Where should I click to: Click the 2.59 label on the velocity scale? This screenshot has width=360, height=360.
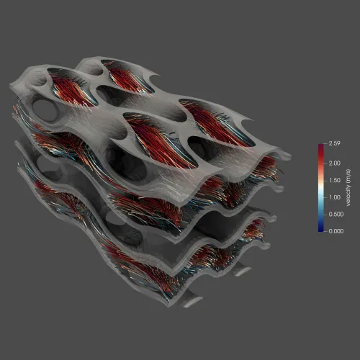tap(334, 143)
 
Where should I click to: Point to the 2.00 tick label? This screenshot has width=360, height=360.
tap(335, 163)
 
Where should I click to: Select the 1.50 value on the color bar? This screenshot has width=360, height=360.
tap(335, 180)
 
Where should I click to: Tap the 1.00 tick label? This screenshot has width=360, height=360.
tap(335, 197)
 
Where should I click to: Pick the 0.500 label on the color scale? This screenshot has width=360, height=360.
tap(336, 214)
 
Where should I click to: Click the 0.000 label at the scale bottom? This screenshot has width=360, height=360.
tap(336, 231)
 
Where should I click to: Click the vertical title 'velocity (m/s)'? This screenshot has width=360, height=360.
tap(348, 187)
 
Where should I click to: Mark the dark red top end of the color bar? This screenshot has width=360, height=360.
tap(321, 145)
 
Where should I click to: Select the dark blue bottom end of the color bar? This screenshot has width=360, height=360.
tap(321, 230)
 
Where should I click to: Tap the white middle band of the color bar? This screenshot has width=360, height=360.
tap(321, 189)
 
